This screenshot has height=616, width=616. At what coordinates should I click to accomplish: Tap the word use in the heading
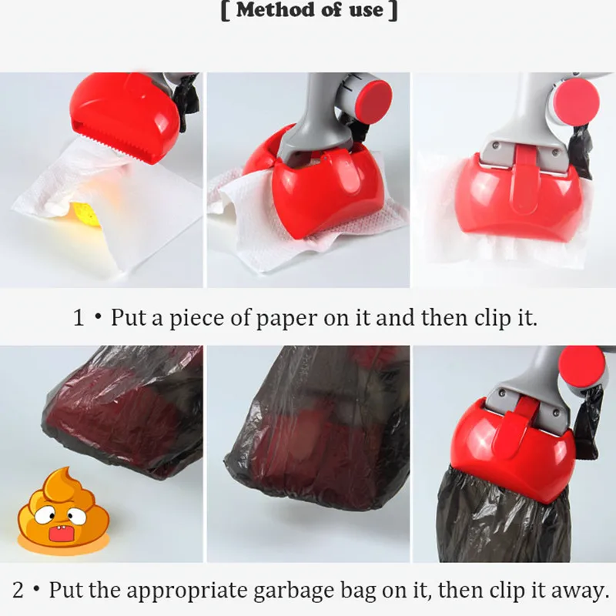coord(366,11)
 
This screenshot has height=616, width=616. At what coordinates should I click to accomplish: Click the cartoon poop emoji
coord(63,510)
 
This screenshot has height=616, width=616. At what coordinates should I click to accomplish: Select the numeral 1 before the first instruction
coord(79,317)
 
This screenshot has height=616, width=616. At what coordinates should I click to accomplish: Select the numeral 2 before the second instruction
coord(18,590)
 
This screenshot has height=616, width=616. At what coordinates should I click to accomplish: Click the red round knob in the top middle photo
coord(376,102)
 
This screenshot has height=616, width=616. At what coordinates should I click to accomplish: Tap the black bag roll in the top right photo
coord(581,149)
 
